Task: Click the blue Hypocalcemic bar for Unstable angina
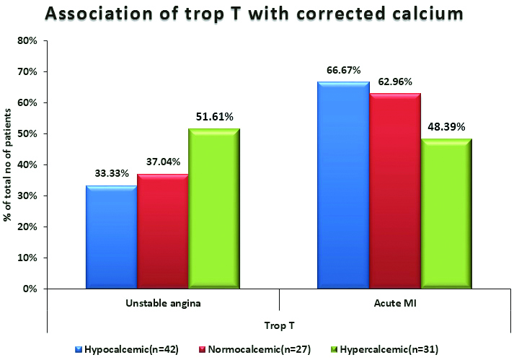click(x=111, y=237)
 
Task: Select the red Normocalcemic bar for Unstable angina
click(x=162, y=232)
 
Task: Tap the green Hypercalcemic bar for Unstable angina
click(x=213, y=209)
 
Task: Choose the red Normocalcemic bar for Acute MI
click(x=394, y=191)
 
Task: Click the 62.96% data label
click(x=394, y=82)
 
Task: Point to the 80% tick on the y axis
click(x=27, y=40)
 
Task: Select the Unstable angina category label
click(x=163, y=304)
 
